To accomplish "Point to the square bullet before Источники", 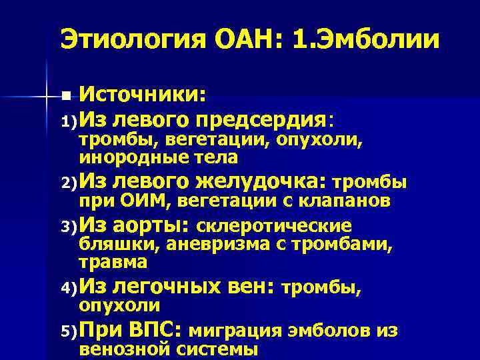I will tap(64, 97).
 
